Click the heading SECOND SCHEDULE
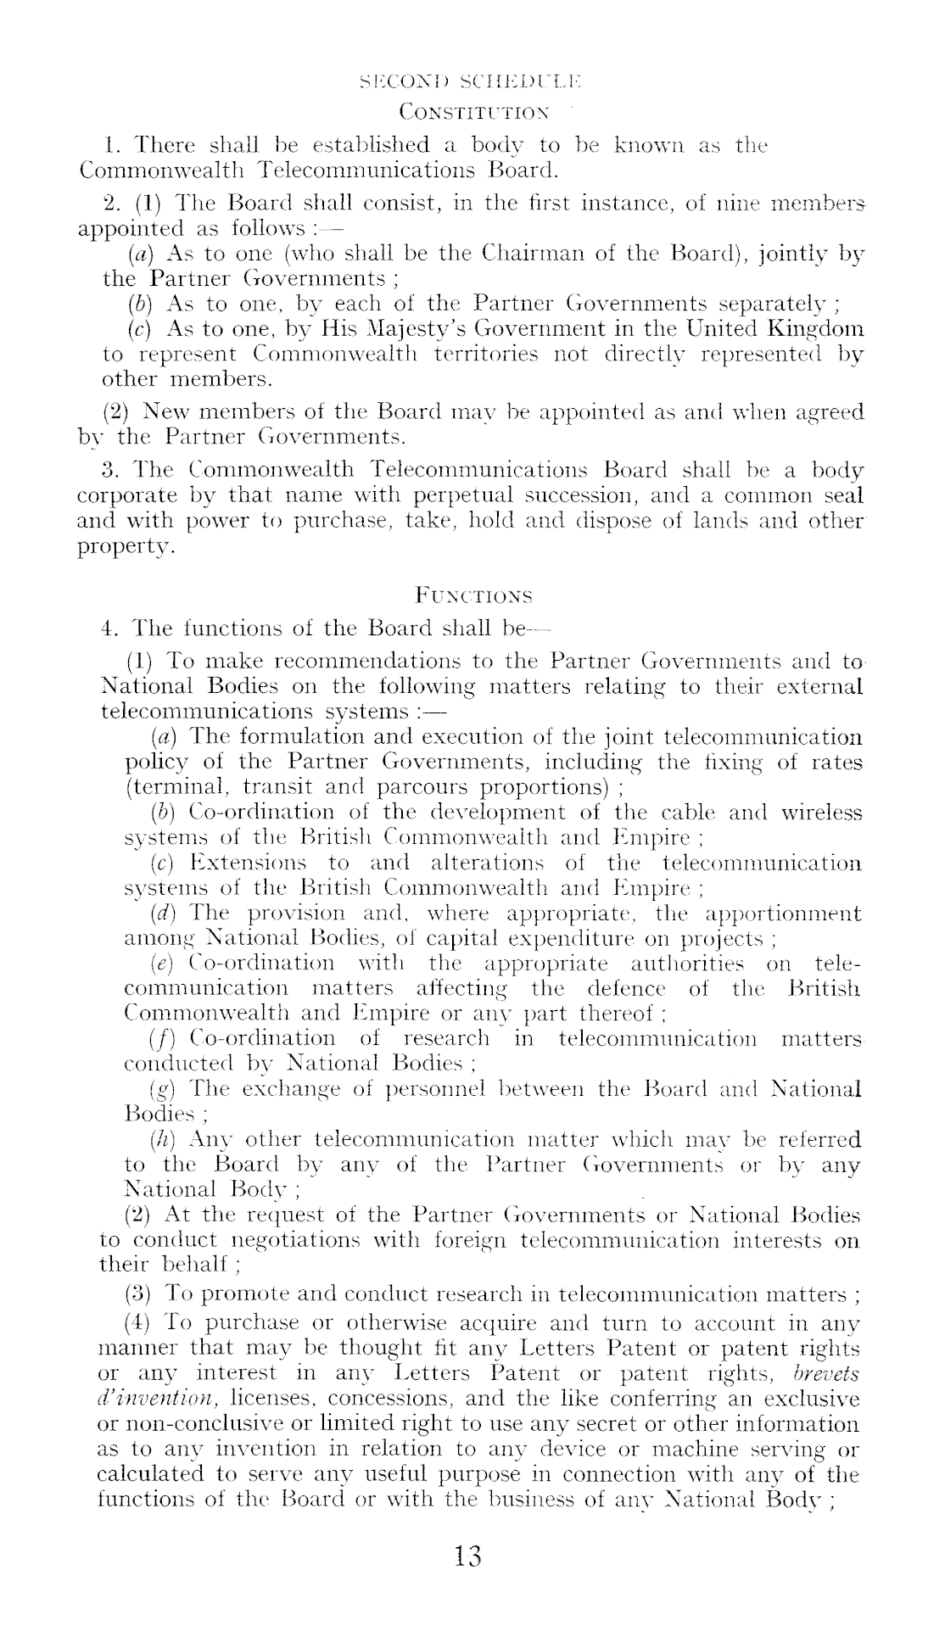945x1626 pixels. [471, 82]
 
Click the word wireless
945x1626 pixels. [821, 813]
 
